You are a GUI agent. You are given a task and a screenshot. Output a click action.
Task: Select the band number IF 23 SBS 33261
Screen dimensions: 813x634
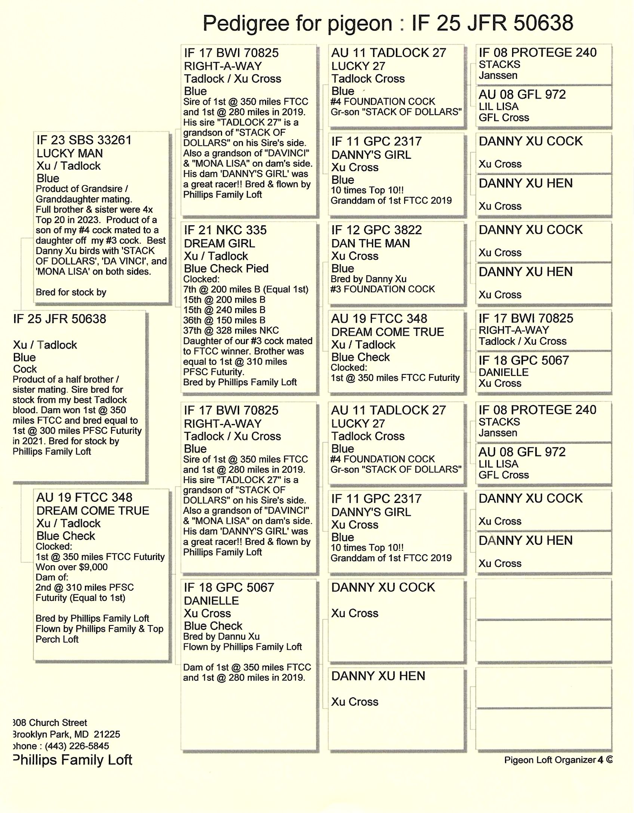pyautogui.click(x=84, y=140)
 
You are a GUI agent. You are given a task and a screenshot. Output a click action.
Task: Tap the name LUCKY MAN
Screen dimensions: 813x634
pyautogui.click(x=70, y=153)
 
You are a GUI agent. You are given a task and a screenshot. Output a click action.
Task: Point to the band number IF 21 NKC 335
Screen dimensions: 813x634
pyautogui.click(x=225, y=230)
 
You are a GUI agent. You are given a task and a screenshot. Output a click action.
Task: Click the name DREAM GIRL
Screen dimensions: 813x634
pyautogui.click(x=219, y=243)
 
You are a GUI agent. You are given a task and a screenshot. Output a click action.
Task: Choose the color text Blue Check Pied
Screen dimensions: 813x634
pyautogui.click(x=226, y=268)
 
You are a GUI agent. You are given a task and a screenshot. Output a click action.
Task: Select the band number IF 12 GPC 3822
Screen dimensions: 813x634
pyautogui.click(x=376, y=230)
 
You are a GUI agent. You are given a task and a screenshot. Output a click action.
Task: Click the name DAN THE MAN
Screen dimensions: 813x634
pyautogui.click(x=370, y=243)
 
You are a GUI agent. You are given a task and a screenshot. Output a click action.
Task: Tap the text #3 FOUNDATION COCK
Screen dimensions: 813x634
pyautogui.click(x=382, y=289)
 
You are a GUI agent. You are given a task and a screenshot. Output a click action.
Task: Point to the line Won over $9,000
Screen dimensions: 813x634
pyautogui.click(x=71, y=567)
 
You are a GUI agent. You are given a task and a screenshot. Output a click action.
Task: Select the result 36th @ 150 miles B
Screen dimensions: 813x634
pyautogui.click(x=224, y=320)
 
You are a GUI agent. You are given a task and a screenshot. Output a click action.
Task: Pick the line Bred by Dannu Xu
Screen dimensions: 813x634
pyautogui.click(x=221, y=636)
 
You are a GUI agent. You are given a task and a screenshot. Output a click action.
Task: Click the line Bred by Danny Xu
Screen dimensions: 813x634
pyautogui.click(x=368, y=279)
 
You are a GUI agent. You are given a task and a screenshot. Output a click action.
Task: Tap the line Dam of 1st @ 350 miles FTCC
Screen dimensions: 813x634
pyautogui.click(x=247, y=667)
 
